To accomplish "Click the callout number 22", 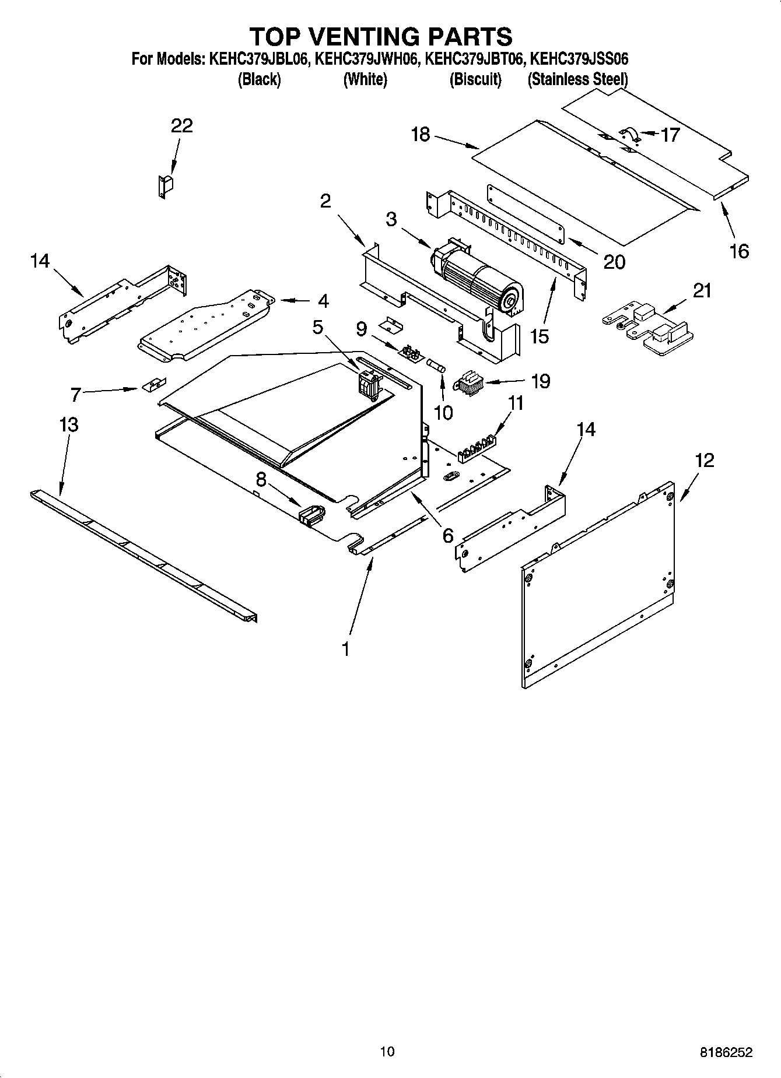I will click(181, 126).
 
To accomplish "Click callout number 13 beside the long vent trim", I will click(68, 424).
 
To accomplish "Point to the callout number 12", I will click(705, 461).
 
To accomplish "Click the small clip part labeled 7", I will click(153, 385).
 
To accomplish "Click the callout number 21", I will click(702, 290).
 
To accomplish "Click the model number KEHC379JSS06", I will click(579, 59).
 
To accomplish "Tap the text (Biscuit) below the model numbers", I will click(475, 80).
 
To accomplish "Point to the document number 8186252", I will click(726, 1052).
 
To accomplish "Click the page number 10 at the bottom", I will click(387, 1051).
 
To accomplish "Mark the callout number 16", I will click(739, 251).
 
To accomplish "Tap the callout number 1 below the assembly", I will click(346, 648).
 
